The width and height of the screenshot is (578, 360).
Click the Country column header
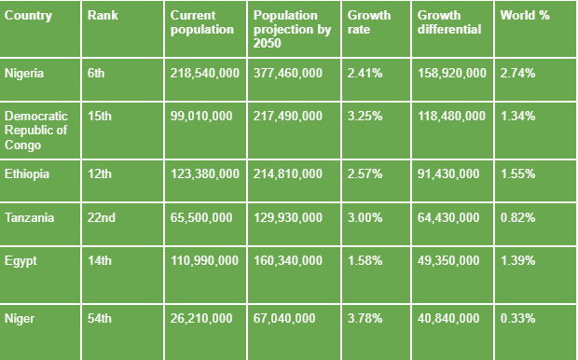click(x=28, y=16)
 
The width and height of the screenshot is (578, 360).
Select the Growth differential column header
click(x=449, y=22)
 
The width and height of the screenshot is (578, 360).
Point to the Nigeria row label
click(x=25, y=73)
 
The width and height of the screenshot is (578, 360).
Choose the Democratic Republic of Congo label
click(x=36, y=130)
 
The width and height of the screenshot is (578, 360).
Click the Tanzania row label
click(x=29, y=217)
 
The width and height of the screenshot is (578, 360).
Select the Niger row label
click(x=19, y=318)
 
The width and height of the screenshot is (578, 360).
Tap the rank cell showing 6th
click(x=98, y=73)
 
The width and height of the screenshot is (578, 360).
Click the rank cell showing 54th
click(x=100, y=318)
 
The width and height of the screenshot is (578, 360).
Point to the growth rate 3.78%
click(x=365, y=318)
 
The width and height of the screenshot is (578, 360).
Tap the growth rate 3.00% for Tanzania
click(x=365, y=217)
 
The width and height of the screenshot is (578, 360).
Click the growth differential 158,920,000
click(x=451, y=73)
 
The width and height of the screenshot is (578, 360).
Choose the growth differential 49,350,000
click(x=448, y=260)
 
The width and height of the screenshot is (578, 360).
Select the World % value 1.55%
click(x=518, y=174)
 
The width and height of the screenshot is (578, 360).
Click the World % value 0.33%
click(x=518, y=318)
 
